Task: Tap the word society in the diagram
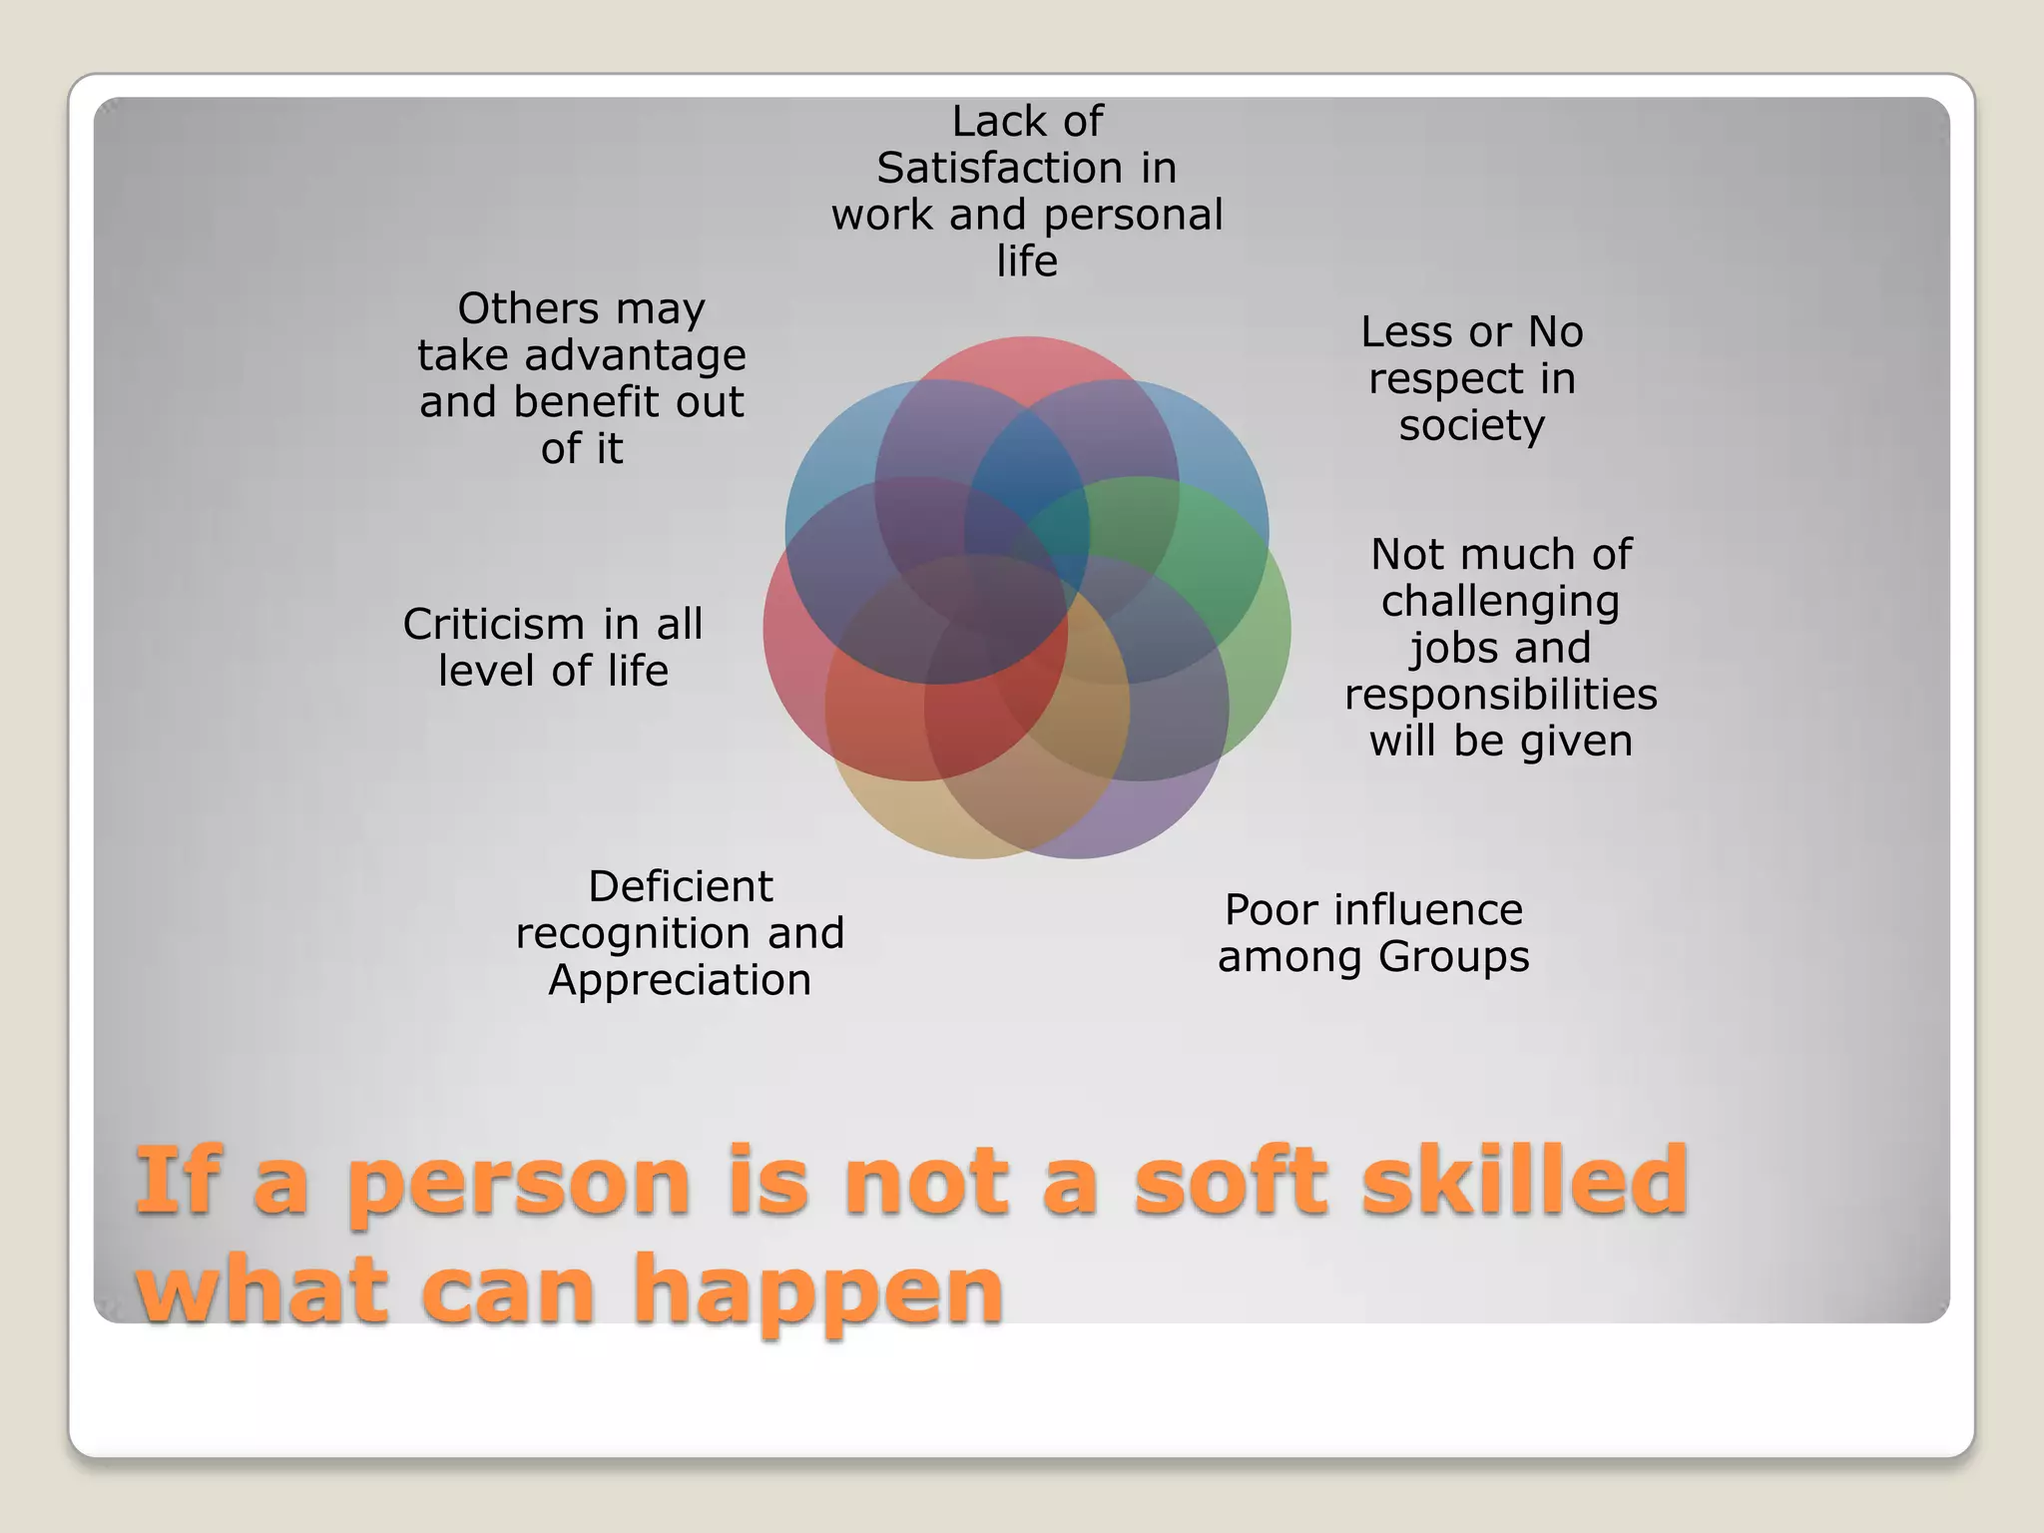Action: (x=1471, y=425)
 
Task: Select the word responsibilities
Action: (x=1500, y=695)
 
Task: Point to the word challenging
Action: (x=1500, y=602)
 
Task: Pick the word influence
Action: (x=1428, y=910)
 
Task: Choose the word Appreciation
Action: (x=680, y=980)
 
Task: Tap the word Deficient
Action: (x=680, y=886)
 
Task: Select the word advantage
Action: (x=635, y=355)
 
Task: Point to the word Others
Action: (x=528, y=308)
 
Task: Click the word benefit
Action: (x=586, y=402)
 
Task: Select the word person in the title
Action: (x=518, y=1184)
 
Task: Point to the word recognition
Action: (x=634, y=934)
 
